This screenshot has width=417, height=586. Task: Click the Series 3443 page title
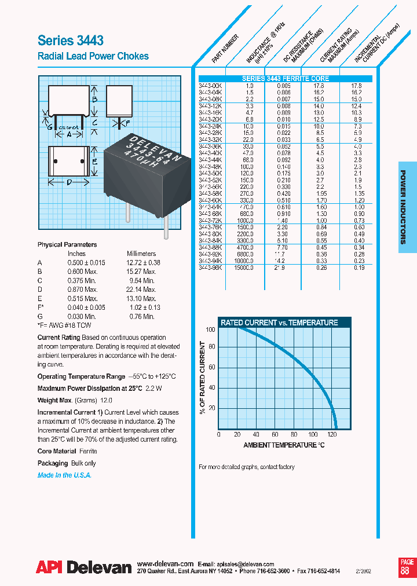click(x=71, y=41)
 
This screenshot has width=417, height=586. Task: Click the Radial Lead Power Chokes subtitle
click(x=93, y=56)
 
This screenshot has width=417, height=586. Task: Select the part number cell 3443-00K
click(x=210, y=86)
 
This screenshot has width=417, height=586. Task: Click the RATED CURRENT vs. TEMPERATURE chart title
click(x=278, y=323)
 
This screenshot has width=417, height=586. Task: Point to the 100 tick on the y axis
click(x=210, y=329)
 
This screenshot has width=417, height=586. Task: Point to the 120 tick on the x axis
click(x=332, y=434)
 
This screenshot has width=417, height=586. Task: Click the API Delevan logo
click(x=84, y=568)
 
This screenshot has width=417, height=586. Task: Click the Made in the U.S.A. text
click(x=64, y=475)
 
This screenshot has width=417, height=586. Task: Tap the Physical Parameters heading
click(x=67, y=245)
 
